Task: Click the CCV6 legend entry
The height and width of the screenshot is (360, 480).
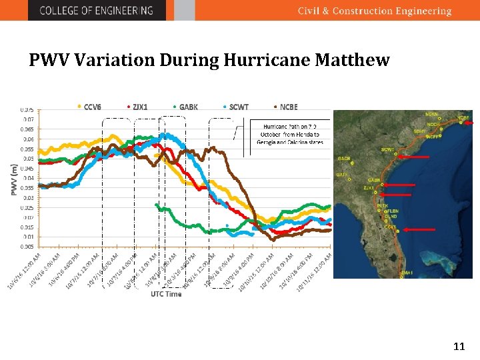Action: pyautogui.click(x=90, y=107)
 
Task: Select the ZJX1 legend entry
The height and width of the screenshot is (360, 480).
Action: pyautogui.click(x=138, y=107)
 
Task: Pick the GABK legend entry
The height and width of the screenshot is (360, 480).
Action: pyautogui.click(x=186, y=107)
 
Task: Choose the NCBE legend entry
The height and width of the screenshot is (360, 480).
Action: pyautogui.click(x=286, y=107)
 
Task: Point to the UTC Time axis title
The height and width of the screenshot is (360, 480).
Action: pyautogui.click(x=166, y=294)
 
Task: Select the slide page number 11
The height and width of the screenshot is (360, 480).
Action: pyautogui.click(x=459, y=346)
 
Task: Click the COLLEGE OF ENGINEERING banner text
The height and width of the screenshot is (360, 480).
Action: pyautogui.click(x=96, y=11)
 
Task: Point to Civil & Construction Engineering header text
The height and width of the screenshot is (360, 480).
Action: pyautogui.click(x=374, y=11)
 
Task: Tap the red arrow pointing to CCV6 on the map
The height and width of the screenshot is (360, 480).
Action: pyautogui.click(x=420, y=229)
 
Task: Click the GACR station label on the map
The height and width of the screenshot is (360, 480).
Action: pyautogui.click(x=344, y=159)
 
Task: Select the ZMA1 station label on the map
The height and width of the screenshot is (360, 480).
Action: pyautogui.click(x=406, y=272)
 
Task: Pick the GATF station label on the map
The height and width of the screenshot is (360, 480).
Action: pyautogui.click(x=342, y=174)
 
